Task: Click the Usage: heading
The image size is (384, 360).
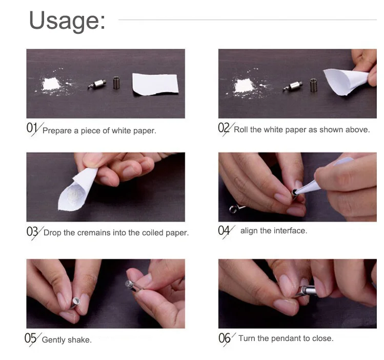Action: click(67, 21)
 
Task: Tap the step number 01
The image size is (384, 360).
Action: click(32, 128)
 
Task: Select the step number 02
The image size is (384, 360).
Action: click(224, 128)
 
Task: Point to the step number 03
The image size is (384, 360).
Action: click(32, 231)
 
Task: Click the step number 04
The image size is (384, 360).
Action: click(224, 230)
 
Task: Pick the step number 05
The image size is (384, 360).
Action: click(30, 338)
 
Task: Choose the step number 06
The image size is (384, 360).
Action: click(225, 338)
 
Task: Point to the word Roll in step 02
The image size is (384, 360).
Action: click(241, 130)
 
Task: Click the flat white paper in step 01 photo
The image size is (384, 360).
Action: click(155, 84)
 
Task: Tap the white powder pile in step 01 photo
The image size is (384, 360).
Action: click(51, 84)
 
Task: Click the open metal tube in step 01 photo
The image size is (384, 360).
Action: click(116, 83)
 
